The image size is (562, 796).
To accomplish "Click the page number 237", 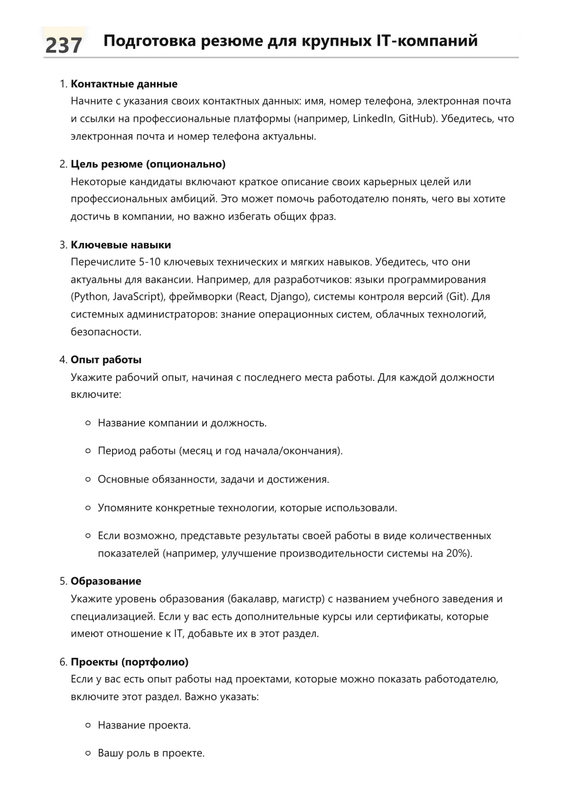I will point(64,45).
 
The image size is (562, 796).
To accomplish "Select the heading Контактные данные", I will point(124,84).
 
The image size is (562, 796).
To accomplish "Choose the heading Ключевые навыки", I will point(121,245).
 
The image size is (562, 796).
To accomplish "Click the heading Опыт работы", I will point(106,360).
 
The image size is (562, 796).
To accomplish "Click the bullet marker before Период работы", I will point(88,451).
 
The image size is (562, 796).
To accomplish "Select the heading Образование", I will point(106,581).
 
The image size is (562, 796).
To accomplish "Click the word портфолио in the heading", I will point(155,662).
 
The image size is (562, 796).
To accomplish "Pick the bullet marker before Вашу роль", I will point(88,753).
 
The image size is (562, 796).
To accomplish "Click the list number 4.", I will point(63,360).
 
